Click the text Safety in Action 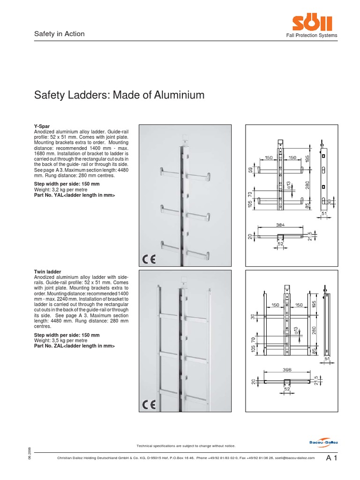click(60, 34)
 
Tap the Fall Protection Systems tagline click(313, 36)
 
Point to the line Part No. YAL click(74, 195)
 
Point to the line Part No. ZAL click(74, 345)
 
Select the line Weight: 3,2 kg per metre click(60, 189)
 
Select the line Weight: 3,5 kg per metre click(60, 340)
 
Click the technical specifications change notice click(186, 445)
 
